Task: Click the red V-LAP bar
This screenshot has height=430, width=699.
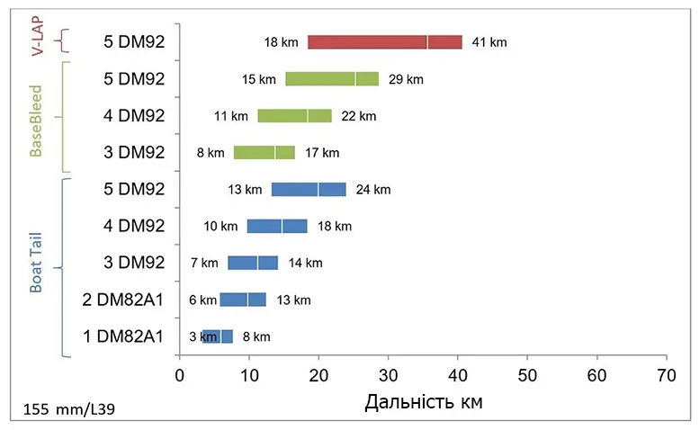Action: [385, 42]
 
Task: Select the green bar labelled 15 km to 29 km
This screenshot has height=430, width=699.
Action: [331, 79]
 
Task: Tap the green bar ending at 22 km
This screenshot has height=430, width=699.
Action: [294, 116]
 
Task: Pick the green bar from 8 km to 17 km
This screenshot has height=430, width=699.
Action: [264, 153]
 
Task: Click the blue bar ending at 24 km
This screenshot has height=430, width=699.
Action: [309, 190]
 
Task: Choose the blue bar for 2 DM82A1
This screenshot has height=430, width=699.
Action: [243, 300]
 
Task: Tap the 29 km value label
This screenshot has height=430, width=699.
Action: [405, 79]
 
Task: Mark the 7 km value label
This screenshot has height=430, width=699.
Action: [204, 263]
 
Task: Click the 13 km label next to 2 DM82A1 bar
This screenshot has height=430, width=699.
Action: [292, 300]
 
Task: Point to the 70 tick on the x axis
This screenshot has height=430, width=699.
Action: [667, 372]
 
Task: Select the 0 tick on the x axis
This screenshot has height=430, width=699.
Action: [180, 372]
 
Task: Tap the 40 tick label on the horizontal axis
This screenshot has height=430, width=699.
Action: [458, 372]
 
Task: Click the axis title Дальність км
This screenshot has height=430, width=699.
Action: [423, 402]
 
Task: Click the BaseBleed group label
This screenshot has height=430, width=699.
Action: [36, 121]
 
